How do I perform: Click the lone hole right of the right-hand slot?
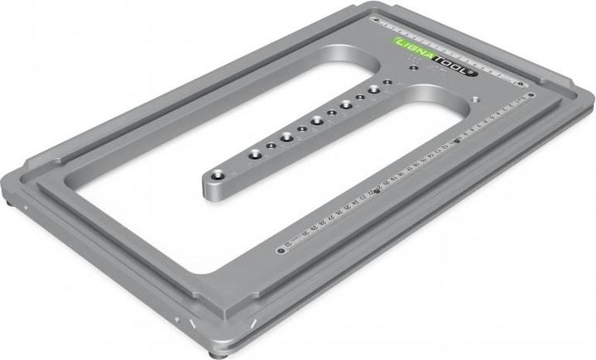[478, 98]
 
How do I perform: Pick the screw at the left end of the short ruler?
[375, 17]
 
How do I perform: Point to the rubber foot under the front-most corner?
[217, 353]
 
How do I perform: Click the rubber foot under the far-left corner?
[11, 198]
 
